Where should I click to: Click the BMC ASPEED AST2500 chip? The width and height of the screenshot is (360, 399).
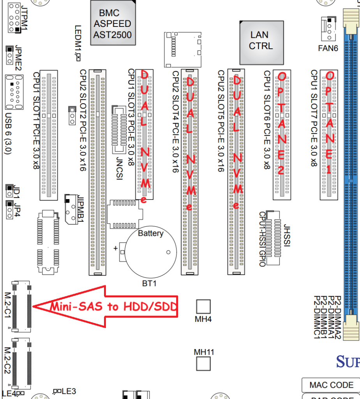[x=112, y=24]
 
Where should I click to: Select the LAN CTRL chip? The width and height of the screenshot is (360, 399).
[x=261, y=41]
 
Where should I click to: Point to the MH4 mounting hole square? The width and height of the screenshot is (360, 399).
[x=203, y=306]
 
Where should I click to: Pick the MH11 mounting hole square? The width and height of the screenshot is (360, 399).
[x=203, y=364]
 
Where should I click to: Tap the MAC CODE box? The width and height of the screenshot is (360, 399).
[x=331, y=385]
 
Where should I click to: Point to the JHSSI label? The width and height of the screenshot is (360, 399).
[x=287, y=234]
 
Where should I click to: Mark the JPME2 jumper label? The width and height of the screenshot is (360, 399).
[x=18, y=58]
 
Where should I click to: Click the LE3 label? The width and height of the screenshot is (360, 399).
[x=69, y=391]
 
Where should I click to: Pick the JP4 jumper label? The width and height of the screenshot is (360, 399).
[x=18, y=209]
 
